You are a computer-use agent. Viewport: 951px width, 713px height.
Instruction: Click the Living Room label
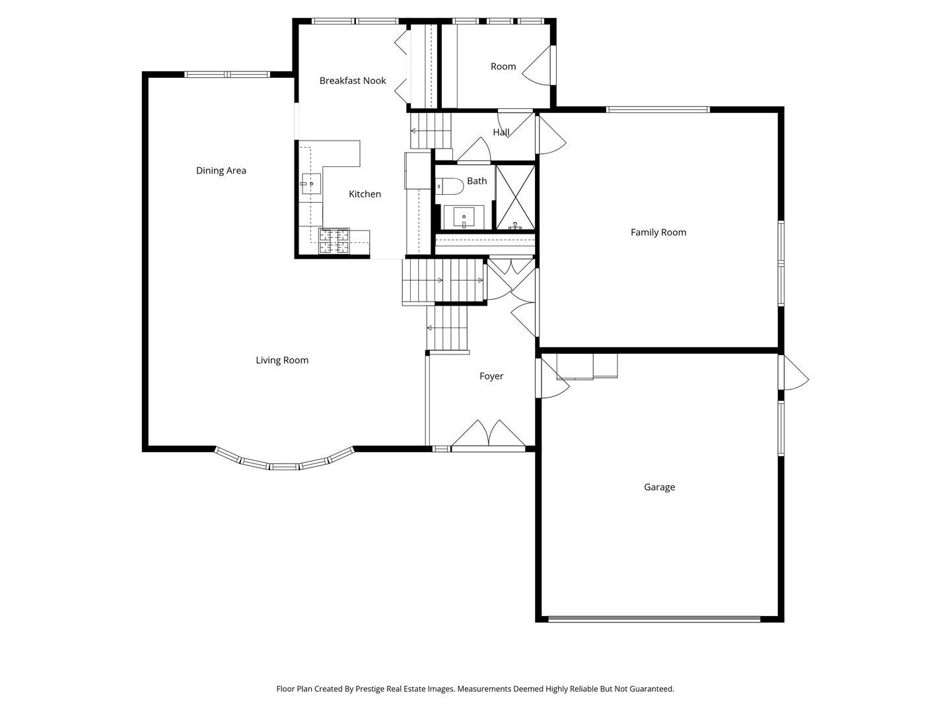(282, 360)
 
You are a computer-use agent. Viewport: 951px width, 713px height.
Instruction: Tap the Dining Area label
(221, 170)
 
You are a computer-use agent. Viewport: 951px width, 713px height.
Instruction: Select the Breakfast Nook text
(353, 81)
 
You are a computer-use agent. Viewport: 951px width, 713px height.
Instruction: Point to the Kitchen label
(365, 194)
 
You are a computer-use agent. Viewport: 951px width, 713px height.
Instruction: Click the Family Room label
(658, 232)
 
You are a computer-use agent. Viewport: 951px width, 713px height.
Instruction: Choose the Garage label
(659, 487)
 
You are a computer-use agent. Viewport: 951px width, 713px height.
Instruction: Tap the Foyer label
(491, 376)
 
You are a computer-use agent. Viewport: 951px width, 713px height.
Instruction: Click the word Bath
(477, 181)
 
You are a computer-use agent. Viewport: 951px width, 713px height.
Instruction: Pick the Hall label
(501, 132)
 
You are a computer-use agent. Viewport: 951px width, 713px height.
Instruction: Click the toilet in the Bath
(444, 186)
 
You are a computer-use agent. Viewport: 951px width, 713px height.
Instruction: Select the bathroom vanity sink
(464, 217)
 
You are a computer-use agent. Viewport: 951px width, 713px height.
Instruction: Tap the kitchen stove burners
(334, 241)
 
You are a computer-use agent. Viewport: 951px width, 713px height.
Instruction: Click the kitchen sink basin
(311, 184)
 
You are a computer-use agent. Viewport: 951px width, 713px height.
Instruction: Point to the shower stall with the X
(515, 197)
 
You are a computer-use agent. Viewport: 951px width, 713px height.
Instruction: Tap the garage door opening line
(654, 619)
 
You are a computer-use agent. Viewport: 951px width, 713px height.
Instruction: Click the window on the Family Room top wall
(658, 110)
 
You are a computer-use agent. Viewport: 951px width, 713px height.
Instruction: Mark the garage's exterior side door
(794, 373)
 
